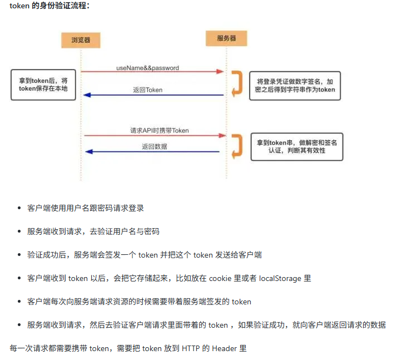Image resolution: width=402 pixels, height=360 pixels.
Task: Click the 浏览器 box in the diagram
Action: tap(81, 40)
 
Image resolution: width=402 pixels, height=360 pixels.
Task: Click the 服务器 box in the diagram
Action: tap(226, 38)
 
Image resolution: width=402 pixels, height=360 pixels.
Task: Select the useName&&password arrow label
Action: tap(147, 68)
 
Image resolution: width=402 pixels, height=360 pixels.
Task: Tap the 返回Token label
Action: tap(147, 90)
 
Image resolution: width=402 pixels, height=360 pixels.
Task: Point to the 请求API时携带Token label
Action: tap(160, 131)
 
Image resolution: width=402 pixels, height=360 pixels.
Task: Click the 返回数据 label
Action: tap(154, 147)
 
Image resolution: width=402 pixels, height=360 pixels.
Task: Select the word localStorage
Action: tap(281, 278)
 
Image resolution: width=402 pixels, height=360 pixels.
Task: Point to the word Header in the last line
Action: tap(224, 348)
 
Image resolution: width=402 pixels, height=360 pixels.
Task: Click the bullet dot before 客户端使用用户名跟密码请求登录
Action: tap(19, 208)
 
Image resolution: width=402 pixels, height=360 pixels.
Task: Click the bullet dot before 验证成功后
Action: tap(19, 255)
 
